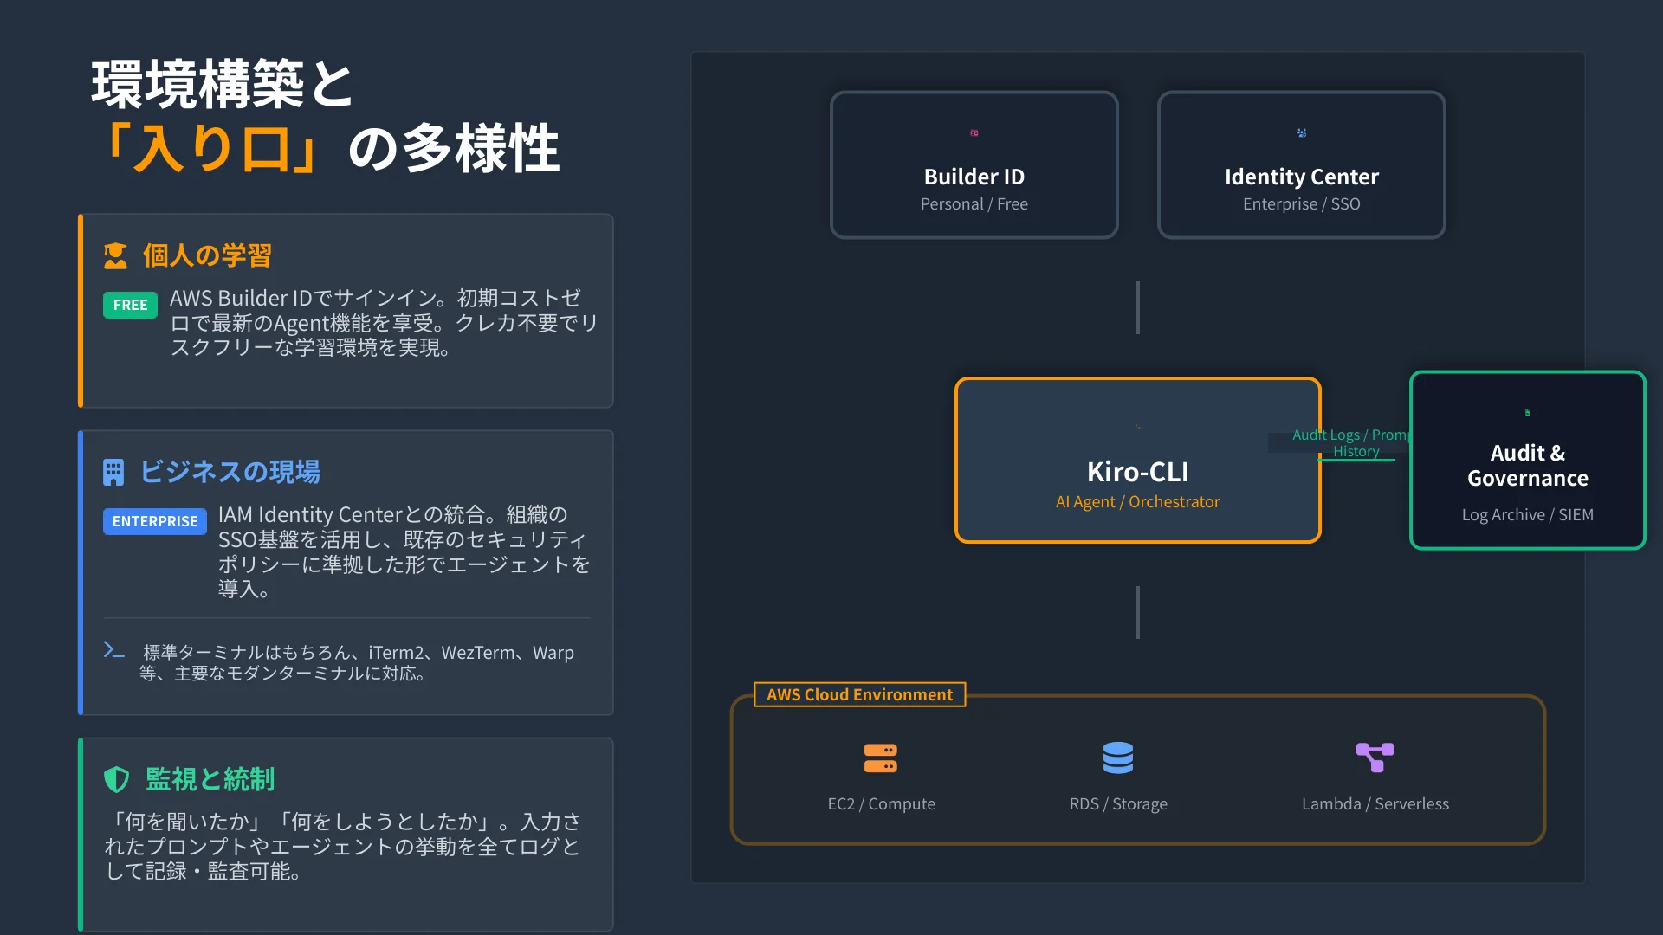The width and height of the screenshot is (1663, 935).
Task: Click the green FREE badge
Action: pyautogui.click(x=130, y=305)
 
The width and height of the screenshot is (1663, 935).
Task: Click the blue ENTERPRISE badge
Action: pyautogui.click(x=155, y=521)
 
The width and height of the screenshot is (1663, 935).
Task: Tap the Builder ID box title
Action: pyautogui.click(x=974, y=177)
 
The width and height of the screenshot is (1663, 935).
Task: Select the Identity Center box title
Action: pyautogui.click(x=1301, y=177)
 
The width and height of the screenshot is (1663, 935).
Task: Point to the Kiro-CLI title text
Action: pyautogui.click(x=1138, y=472)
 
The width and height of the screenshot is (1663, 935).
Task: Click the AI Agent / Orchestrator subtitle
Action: pyautogui.click(x=1138, y=502)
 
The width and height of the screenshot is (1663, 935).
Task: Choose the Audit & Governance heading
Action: pyautogui.click(x=1528, y=466)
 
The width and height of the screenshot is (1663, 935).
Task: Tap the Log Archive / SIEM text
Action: pyautogui.click(x=1528, y=515)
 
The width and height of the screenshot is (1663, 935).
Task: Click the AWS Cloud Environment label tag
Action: pyautogui.click(x=860, y=694)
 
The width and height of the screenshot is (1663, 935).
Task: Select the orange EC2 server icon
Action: pyautogui.click(x=881, y=758)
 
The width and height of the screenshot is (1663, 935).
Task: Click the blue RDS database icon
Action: pyautogui.click(x=1118, y=758)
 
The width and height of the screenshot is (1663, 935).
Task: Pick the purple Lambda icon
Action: pyautogui.click(x=1375, y=758)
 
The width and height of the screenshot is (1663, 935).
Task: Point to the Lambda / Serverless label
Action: pyautogui.click(x=1375, y=804)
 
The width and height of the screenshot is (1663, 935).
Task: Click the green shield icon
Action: pyautogui.click(x=117, y=779)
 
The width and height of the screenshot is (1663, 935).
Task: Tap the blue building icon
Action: pyautogui.click(x=113, y=472)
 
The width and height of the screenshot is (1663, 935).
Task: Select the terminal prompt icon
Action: pyautogui.click(x=113, y=650)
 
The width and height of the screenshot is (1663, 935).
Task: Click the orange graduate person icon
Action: pyautogui.click(x=115, y=256)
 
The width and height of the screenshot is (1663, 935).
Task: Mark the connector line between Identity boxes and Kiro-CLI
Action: pyautogui.click(x=1138, y=307)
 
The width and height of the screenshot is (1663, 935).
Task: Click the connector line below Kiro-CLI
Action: pyautogui.click(x=1138, y=613)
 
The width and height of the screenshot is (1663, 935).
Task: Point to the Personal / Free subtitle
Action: pyautogui.click(x=974, y=204)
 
